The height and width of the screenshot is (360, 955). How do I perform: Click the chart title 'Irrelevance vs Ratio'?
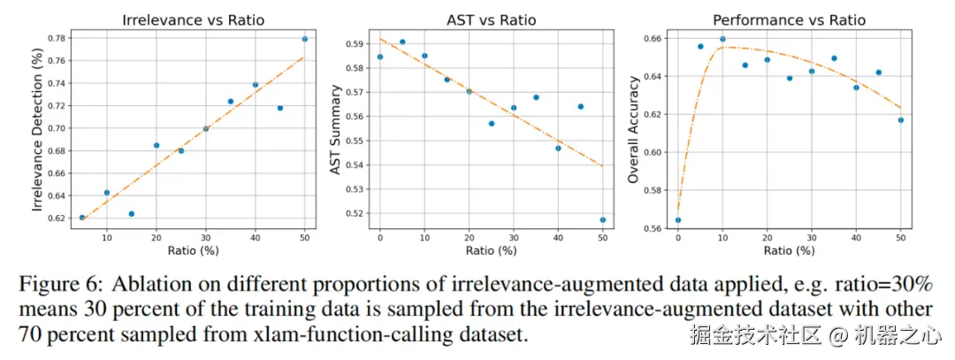point(193,19)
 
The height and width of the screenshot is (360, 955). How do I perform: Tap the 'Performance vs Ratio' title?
point(789,19)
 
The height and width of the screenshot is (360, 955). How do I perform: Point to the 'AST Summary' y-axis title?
point(335,129)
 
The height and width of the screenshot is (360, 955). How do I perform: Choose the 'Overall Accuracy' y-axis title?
point(633,129)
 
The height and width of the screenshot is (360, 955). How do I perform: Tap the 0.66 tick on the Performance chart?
point(651,39)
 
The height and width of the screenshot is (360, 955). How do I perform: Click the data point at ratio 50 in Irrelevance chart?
point(305,39)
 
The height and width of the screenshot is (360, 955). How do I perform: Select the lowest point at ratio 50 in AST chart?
point(603,219)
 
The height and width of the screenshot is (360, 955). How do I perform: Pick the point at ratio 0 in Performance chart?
point(678,220)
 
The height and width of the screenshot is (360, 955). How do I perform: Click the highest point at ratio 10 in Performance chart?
point(722,39)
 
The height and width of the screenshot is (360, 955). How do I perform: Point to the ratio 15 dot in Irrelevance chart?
point(132,214)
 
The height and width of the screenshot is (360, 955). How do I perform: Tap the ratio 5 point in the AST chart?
point(402,42)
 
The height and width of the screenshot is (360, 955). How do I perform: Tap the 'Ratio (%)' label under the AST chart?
point(491,250)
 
